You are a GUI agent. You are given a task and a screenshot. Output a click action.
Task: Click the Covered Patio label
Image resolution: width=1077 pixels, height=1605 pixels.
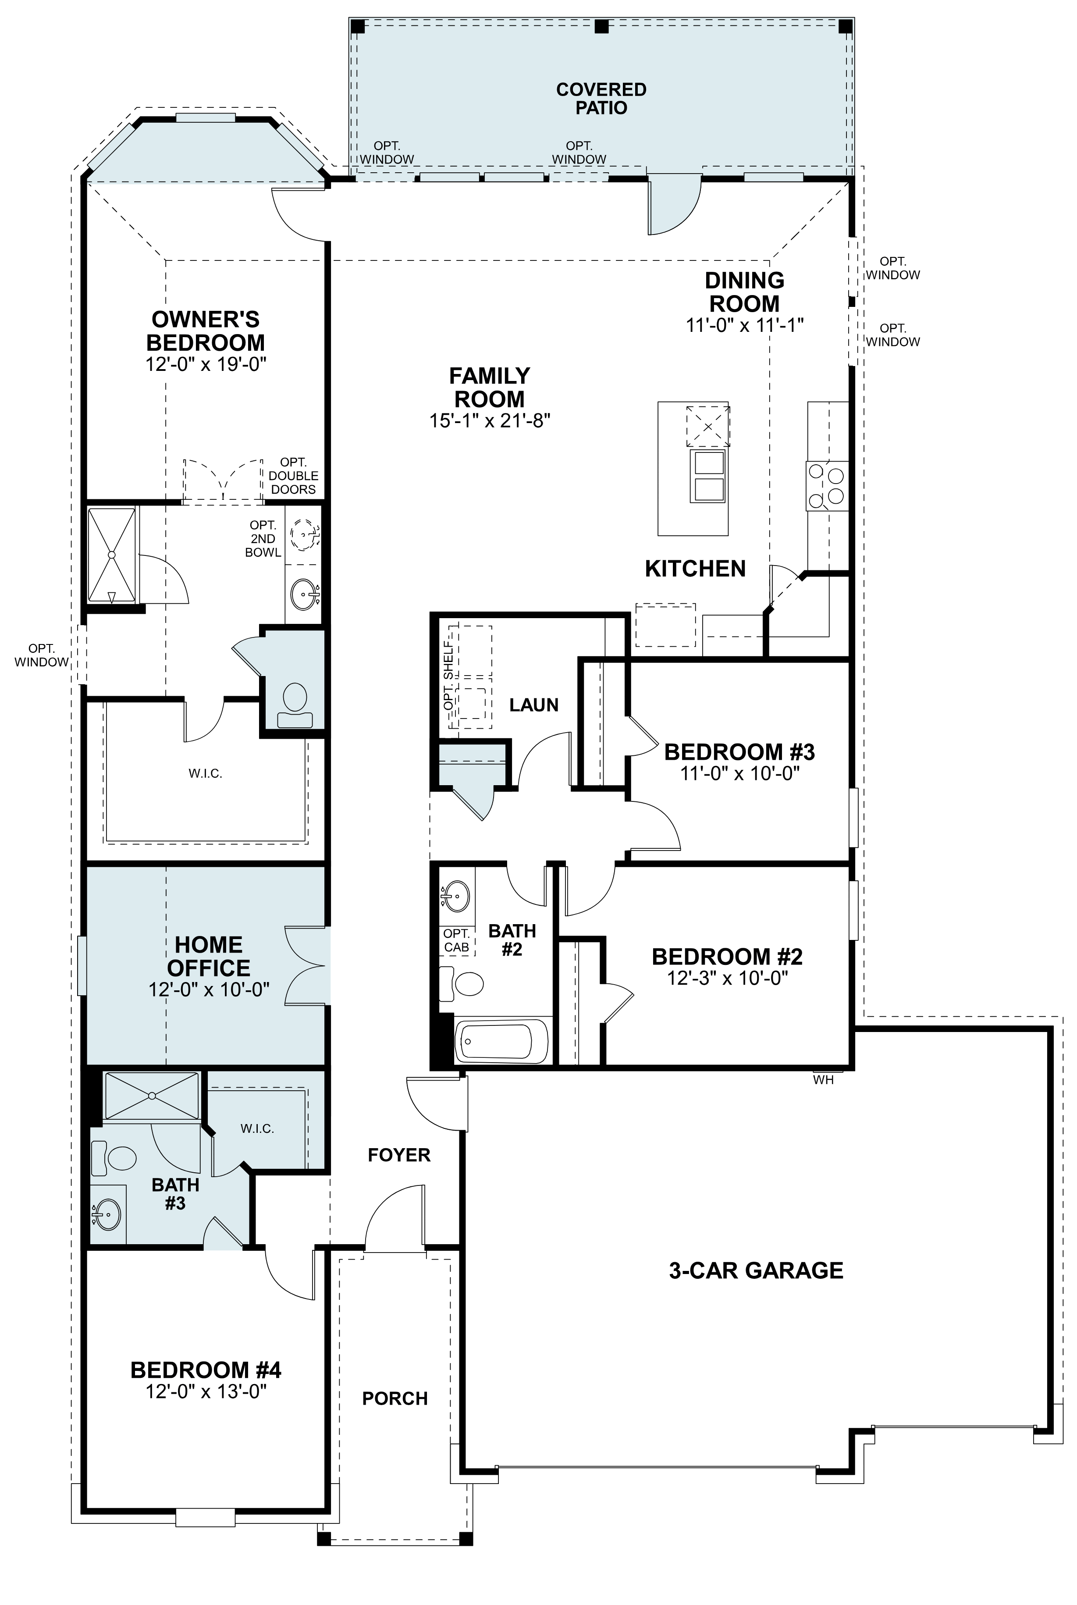601,98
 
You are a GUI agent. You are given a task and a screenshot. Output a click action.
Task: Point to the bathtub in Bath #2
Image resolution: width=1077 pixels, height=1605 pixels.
501,1040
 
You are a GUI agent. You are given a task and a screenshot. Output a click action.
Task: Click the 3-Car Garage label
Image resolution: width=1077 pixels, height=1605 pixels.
756,1270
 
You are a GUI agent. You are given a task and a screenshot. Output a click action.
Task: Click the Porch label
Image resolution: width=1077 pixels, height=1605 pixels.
395,1398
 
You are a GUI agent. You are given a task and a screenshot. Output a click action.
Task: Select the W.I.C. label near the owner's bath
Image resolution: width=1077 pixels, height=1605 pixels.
206,774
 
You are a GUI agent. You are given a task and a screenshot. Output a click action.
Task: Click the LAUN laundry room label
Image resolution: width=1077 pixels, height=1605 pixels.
534,705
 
